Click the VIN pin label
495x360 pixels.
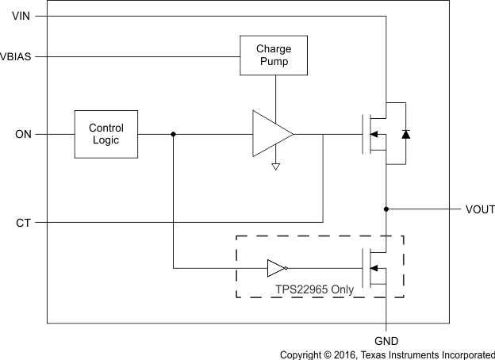click(x=22, y=16)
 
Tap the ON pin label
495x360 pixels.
click(x=23, y=135)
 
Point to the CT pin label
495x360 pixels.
click(x=23, y=223)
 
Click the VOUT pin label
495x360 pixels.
click(x=480, y=209)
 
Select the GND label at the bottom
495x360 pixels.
click(x=386, y=340)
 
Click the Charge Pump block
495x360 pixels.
click(x=274, y=55)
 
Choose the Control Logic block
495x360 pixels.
click(x=106, y=134)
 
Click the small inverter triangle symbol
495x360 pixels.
click(x=276, y=268)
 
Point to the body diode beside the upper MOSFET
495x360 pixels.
click(x=405, y=134)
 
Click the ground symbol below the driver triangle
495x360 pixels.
click(x=275, y=167)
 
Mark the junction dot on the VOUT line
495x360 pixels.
click(x=386, y=209)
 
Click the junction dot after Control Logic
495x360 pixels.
click(x=173, y=134)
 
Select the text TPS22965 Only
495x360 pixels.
click(x=314, y=289)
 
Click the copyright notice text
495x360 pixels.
click(x=387, y=354)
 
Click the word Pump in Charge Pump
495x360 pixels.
click(x=274, y=61)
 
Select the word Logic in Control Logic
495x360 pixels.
click(x=106, y=140)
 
